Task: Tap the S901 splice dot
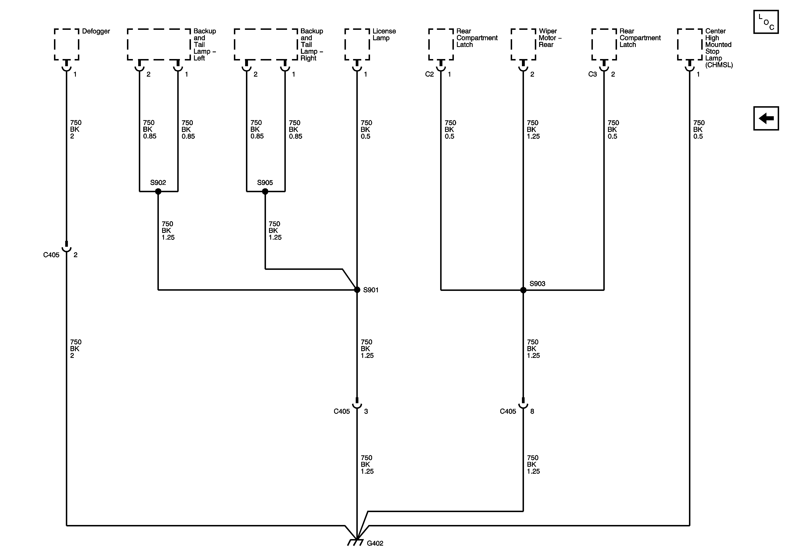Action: (x=357, y=290)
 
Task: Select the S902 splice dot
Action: (x=158, y=191)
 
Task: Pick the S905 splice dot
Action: (x=265, y=191)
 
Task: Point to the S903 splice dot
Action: (x=523, y=290)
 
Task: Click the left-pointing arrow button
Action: (x=766, y=118)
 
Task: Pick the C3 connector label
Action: (x=592, y=74)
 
